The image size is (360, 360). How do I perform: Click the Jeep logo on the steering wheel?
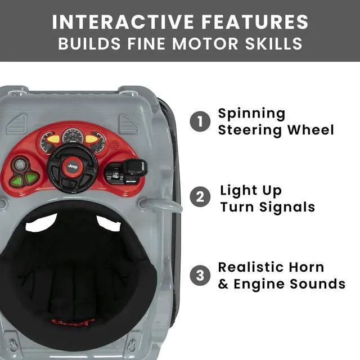73,166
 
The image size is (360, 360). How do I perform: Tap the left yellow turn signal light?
53,138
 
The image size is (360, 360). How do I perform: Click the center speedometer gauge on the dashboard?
73,136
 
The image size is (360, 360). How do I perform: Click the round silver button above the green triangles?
21,164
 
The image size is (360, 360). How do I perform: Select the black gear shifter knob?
134,166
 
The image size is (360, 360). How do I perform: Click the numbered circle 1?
199,121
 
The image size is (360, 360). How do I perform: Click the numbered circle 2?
199,198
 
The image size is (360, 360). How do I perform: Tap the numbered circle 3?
199,275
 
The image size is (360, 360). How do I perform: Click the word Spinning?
251,114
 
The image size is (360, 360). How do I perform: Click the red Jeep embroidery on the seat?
66,323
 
